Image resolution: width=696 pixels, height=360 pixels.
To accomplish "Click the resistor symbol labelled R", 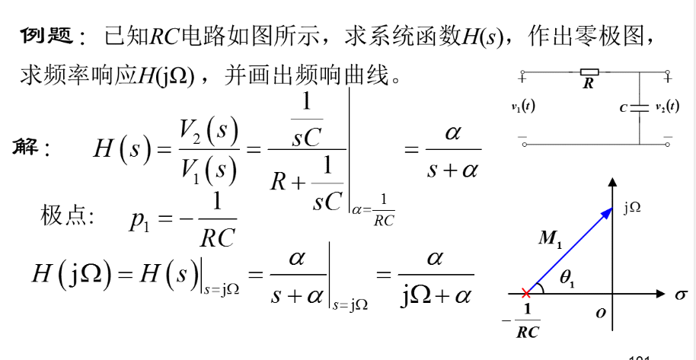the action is [589, 73].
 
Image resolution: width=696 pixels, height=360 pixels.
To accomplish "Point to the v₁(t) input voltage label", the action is [523, 107].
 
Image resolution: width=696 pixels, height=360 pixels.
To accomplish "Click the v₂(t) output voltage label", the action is [668, 107].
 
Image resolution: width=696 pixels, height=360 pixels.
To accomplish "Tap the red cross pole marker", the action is [525, 292].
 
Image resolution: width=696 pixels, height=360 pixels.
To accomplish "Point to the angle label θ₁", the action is [567, 280].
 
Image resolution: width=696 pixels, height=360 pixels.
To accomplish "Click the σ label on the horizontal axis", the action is [680, 294].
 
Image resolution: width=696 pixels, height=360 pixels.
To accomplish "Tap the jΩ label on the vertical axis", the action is [632, 208].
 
